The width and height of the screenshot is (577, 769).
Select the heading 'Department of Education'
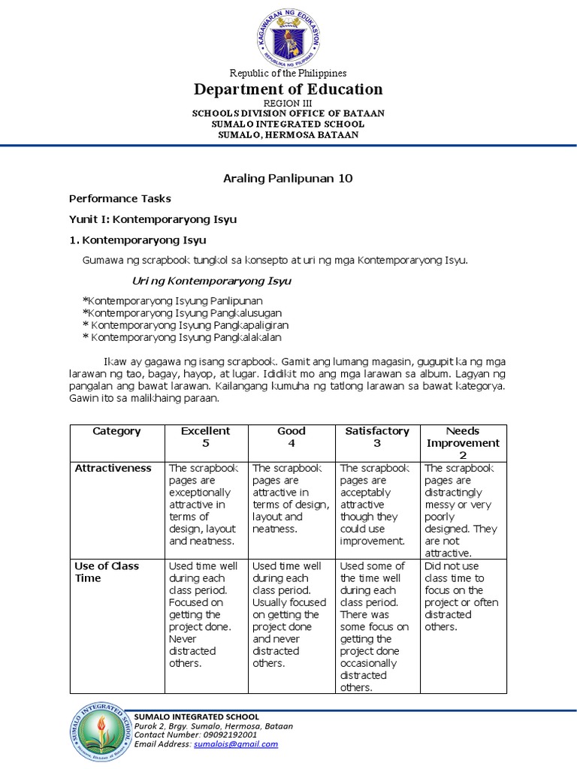click(x=288, y=89)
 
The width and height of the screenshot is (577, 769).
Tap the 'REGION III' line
click(x=288, y=103)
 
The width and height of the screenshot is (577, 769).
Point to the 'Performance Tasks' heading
click(x=120, y=199)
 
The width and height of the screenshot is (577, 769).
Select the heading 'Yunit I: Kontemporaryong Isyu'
click(x=153, y=219)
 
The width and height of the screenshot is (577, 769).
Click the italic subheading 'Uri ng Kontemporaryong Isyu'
click(x=212, y=281)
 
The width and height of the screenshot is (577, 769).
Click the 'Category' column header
click(x=116, y=431)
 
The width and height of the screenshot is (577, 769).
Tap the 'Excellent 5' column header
click(x=206, y=437)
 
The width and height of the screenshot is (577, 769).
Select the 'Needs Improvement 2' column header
click(x=463, y=443)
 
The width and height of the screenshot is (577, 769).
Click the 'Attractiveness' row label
click(x=113, y=469)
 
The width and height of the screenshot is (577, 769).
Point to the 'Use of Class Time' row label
click(x=107, y=572)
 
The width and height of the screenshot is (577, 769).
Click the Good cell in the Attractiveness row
click(x=292, y=499)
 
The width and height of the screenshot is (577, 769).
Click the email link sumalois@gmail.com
click(x=236, y=744)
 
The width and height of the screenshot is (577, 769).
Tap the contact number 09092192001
click(x=225, y=735)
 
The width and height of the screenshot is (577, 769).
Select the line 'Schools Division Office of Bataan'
click(x=288, y=113)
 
